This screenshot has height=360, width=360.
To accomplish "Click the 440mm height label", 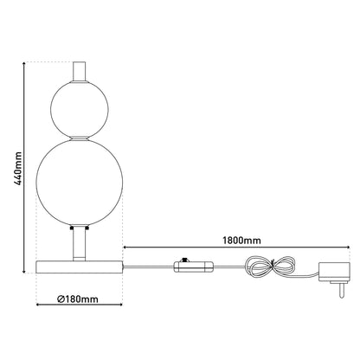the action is click(x=18, y=169).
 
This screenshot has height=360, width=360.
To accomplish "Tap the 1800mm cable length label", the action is click(x=241, y=241).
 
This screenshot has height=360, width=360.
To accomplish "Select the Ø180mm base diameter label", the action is click(x=78, y=299).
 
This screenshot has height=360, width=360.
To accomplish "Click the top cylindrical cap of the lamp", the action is click(x=80, y=71).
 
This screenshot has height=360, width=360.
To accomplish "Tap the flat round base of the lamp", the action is click(x=80, y=267).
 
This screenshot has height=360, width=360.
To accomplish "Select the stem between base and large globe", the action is click(x=80, y=244).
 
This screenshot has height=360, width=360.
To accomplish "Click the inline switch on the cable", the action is click(x=193, y=267).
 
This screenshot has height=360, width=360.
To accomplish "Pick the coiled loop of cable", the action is click(x=270, y=266).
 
